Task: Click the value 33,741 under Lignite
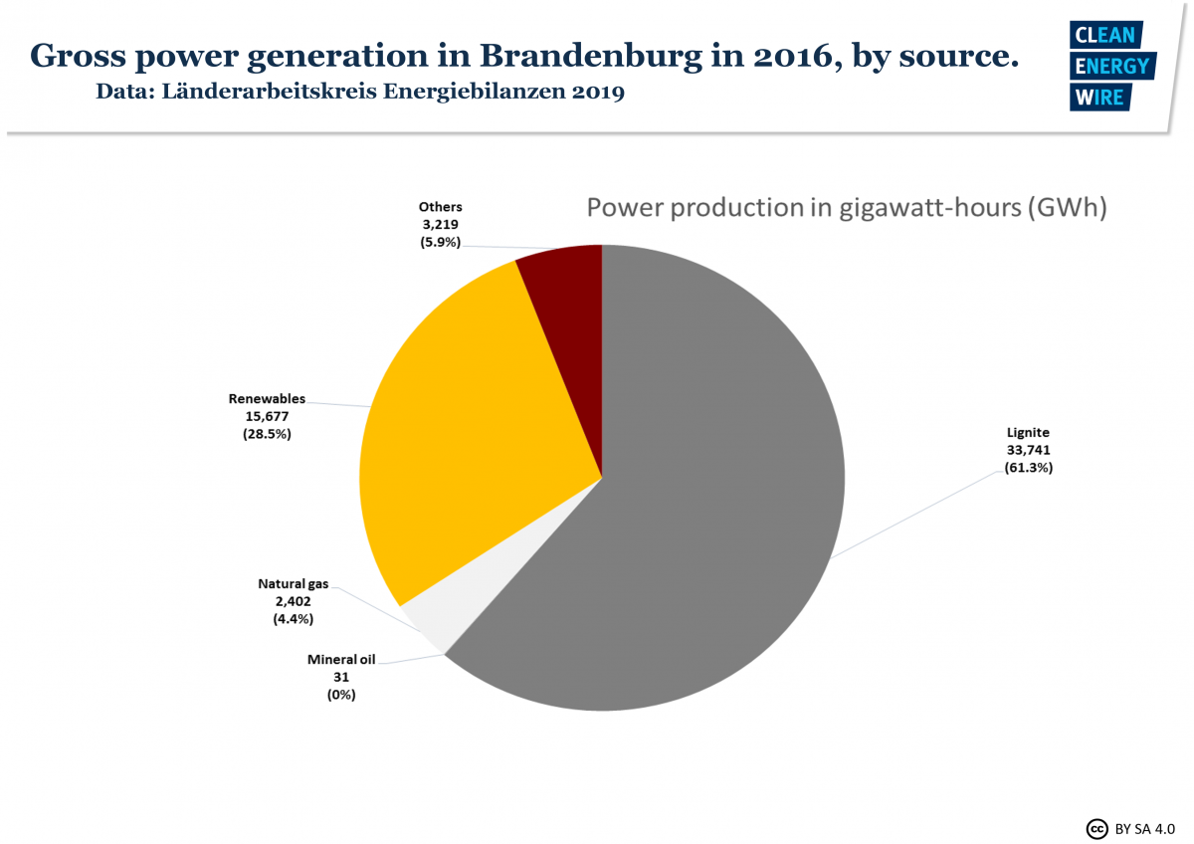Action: click(x=1029, y=450)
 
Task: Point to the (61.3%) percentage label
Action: click(x=1029, y=467)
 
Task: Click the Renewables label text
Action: click(x=267, y=399)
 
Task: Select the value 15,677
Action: click(x=267, y=416)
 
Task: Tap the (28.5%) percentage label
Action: click(x=267, y=434)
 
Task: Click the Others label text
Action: click(x=441, y=207)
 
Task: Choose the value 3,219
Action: click(x=441, y=224)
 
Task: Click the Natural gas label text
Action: click(x=293, y=584)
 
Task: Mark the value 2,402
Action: click(x=293, y=601)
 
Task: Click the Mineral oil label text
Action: click(x=341, y=660)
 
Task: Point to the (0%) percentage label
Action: click(x=341, y=695)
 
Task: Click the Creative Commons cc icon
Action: click(x=1096, y=828)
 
